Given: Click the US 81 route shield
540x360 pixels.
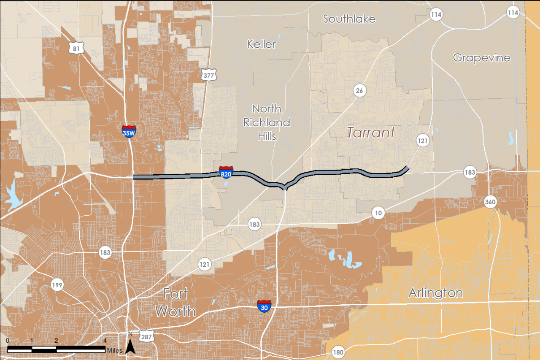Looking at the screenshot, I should tap(76, 49).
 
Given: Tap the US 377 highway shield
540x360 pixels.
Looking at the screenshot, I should tap(208, 74).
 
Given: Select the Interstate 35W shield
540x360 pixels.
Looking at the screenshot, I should tap(129, 131).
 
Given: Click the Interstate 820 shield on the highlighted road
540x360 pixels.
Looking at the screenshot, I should tap(226, 172).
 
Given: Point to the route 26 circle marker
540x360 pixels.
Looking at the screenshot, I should tap(359, 90).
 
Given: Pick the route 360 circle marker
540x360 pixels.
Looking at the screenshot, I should tap(490, 202).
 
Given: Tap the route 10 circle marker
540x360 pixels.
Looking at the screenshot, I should tap(378, 213).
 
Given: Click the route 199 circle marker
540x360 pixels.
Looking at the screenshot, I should tap(57, 284).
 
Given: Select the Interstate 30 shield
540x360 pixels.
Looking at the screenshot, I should tap(264, 306).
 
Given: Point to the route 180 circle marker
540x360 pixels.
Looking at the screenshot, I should tap(338, 352).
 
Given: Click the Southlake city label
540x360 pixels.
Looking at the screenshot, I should tap(349, 19).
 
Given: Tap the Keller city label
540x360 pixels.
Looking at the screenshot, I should tap(262, 44).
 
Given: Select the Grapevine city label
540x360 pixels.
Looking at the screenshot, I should tap(481, 58).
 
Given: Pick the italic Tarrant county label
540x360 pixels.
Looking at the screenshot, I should tap(371, 133).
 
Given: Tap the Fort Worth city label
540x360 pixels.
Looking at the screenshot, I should tap(175, 302).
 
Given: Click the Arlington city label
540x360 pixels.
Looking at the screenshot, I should tap(435, 293).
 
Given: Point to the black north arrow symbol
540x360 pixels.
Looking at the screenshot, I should tap(130, 347).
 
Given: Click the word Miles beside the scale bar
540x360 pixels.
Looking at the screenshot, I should tap(115, 350).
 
